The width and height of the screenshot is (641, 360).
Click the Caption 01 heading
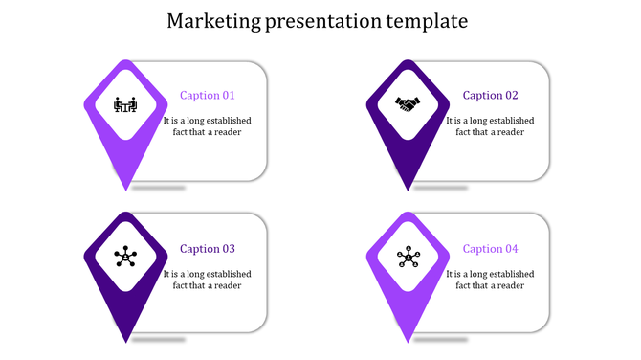[208, 96]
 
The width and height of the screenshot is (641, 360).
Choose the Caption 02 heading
[491, 96]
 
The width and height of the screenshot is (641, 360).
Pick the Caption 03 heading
[208, 249]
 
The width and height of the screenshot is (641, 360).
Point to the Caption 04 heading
[491, 249]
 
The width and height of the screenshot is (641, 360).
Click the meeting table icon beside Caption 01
[125, 104]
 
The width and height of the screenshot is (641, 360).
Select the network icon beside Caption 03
[125, 257]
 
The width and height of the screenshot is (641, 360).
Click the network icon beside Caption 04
[409, 257]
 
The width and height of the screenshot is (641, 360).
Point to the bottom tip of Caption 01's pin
[125, 189]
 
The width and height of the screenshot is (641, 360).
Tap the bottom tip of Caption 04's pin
[409, 341]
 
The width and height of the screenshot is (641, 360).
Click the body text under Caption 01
[208, 126]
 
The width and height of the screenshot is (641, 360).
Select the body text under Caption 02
[491, 126]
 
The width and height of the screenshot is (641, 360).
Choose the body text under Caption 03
[208, 280]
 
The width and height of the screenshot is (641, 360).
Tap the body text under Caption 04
[491, 280]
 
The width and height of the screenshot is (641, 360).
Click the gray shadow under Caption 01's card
[158, 188]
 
